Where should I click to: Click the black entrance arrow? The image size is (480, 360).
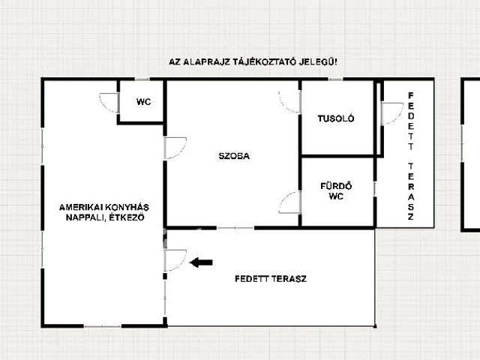[201, 262]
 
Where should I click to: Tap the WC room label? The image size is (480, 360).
[143, 102]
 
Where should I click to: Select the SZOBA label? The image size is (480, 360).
[234, 156]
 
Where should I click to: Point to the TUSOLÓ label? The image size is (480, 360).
[336, 118]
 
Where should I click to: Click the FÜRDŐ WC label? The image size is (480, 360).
[336, 191]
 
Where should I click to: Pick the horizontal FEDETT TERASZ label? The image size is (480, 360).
[271, 279]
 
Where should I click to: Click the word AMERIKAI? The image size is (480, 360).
[81, 207]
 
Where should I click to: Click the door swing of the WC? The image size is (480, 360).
[109, 103]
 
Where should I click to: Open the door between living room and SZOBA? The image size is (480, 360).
[175, 148]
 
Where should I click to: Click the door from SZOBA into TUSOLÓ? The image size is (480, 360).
[289, 102]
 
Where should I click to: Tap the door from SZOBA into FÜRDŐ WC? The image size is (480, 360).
[289, 202]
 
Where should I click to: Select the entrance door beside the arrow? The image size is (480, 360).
[175, 260]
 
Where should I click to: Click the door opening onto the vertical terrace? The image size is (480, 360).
[392, 113]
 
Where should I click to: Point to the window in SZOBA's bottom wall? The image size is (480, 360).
[235, 228]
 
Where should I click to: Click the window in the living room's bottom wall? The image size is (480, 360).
[103, 326]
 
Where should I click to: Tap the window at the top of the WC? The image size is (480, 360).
[142, 79]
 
